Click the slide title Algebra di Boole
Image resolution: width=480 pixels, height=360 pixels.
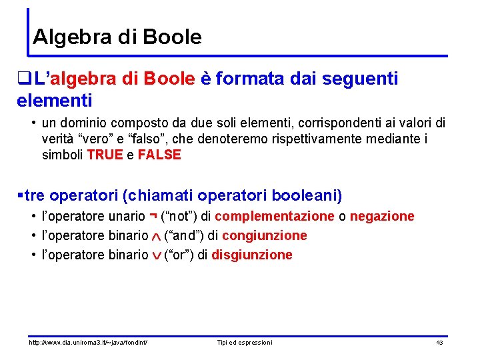pyautogui.click(x=117, y=37)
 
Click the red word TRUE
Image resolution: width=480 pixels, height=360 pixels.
pyautogui.click(x=105, y=155)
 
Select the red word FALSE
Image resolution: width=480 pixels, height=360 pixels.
pyautogui.click(x=159, y=155)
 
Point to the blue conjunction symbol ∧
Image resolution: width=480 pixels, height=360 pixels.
pyautogui.click(x=156, y=237)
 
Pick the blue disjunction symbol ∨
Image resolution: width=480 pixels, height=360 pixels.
pyautogui.click(x=156, y=255)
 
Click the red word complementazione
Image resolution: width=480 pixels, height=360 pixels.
pyautogui.click(x=275, y=216)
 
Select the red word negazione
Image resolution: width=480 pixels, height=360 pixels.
pyautogui.click(x=382, y=216)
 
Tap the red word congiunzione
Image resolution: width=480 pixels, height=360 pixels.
pyautogui.click(x=265, y=235)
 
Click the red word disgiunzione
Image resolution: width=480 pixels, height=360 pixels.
pyautogui.click(x=251, y=255)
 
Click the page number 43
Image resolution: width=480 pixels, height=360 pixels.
pyautogui.click(x=439, y=342)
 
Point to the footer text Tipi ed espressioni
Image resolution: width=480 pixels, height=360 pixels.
pyautogui.click(x=245, y=342)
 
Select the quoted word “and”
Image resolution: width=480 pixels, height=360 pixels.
pyautogui.click(x=183, y=235)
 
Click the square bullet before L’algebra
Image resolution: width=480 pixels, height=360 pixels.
pyautogui.click(x=27, y=79)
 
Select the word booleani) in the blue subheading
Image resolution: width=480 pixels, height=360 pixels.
pyautogui.click(x=305, y=195)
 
